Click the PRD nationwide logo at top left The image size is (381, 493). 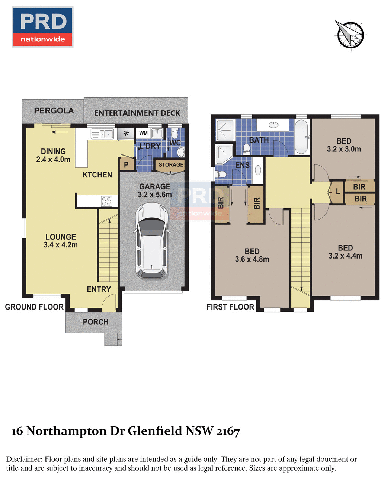42,27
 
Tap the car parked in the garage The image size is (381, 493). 152,241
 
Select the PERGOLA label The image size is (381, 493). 54,111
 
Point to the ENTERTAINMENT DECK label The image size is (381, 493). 137,113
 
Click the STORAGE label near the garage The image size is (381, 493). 171,164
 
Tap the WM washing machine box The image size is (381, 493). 143,133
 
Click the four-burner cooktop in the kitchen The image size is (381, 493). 107,201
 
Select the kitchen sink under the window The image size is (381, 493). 102,134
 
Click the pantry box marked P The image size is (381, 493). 126,164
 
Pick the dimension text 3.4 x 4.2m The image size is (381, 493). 61,245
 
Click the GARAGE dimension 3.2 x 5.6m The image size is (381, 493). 155,195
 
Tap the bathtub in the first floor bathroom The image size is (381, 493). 301,137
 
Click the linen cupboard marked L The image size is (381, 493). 337,192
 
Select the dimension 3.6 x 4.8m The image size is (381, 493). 252,259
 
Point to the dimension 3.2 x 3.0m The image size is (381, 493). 344,149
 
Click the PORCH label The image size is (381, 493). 96,322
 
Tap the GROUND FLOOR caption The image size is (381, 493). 34,307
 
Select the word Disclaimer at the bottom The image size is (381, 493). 24,459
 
